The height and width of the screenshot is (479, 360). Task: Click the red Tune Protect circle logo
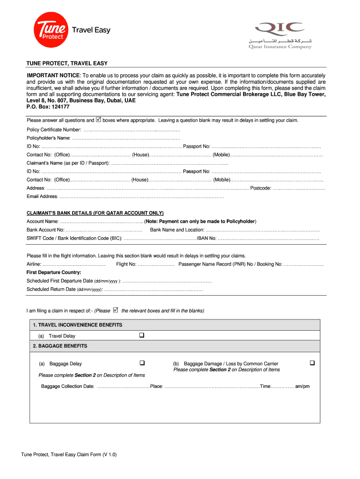click(50, 29)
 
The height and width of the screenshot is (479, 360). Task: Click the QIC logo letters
click(278, 28)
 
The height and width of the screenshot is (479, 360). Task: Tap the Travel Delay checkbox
click(142, 335)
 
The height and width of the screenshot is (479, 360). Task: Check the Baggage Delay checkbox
click(142, 363)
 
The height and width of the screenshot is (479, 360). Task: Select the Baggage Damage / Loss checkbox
click(312, 363)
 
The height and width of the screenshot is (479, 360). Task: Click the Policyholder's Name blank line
click(126, 138)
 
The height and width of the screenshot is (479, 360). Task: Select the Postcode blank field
click(299, 189)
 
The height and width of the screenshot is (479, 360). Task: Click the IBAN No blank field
click(268, 239)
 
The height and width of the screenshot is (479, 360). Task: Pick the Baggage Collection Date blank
click(122, 386)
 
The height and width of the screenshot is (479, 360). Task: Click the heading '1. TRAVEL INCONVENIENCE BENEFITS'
click(77, 325)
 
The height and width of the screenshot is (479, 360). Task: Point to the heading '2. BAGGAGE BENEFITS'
click(60, 346)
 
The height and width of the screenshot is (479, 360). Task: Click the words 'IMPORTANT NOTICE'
click(54, 76)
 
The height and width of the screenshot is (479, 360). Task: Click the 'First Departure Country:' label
click(54, 272)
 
